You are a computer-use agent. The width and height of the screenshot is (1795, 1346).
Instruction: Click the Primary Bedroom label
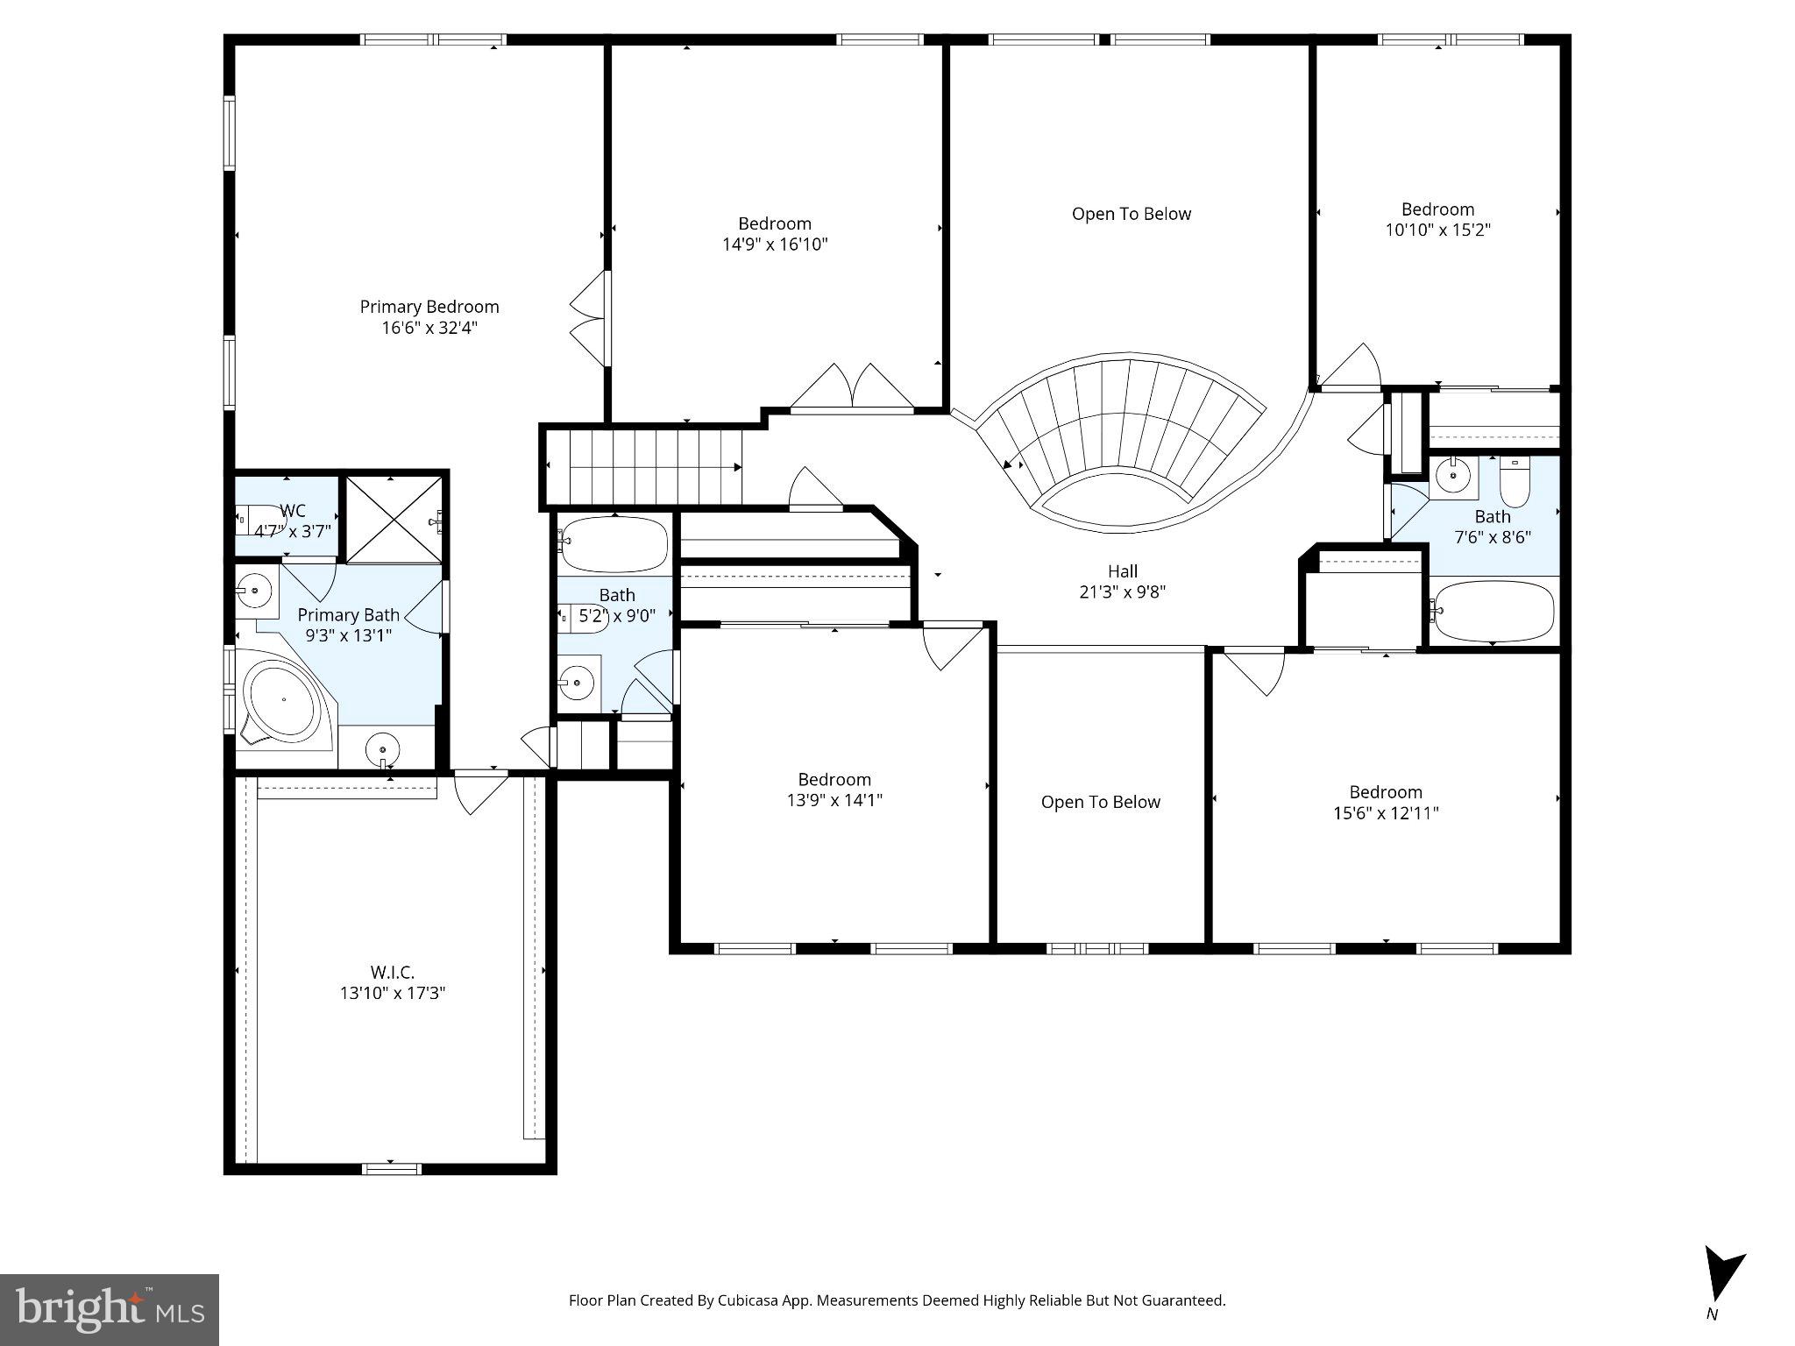click(429, 307)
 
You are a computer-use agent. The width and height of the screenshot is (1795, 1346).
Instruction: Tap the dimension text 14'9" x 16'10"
click(775, 244)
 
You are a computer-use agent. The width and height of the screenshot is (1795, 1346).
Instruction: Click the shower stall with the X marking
click(394, 520)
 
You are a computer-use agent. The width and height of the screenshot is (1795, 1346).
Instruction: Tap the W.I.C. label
click(392, 972)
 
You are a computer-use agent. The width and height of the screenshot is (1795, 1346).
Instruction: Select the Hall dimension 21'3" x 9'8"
click(1122, 592)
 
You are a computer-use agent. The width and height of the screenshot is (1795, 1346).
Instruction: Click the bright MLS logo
click(110, 1310)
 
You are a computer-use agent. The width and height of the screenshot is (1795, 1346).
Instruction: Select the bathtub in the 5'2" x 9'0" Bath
click(614, 543)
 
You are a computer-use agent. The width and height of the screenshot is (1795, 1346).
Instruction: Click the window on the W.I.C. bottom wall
click(392, 1168)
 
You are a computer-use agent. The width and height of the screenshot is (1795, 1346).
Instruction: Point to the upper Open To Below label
click(1131, 214)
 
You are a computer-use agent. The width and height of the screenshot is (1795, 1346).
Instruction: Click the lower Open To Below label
click(1100, 802)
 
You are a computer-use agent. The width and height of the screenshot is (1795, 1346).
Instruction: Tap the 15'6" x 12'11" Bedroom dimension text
click(1386, 813)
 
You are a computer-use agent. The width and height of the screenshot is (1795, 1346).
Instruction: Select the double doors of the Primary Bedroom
click(590, 318)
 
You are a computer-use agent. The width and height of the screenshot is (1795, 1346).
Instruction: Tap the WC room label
click(293, 511)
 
